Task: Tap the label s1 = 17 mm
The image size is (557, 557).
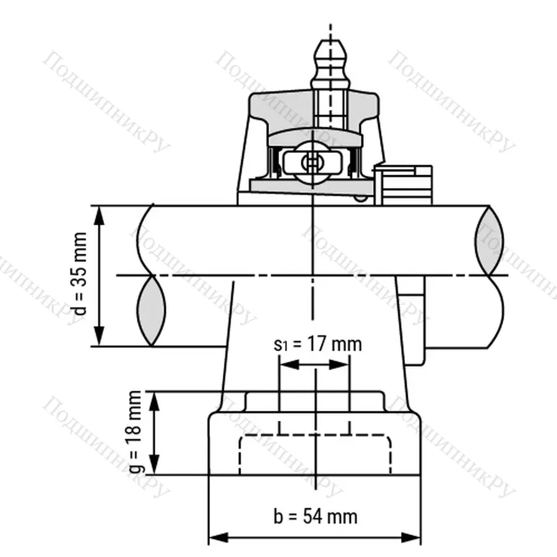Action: tap(317, 344)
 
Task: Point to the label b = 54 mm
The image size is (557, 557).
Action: tap(315, 516)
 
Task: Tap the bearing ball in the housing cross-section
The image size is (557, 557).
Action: tap(311, 163)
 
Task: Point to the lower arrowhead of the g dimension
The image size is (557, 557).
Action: tap(155, 469)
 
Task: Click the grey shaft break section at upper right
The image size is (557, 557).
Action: tap(490, 240)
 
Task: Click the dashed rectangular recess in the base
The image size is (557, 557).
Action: tap(316, 455)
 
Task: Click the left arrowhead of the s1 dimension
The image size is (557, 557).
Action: tap(286, 365)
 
